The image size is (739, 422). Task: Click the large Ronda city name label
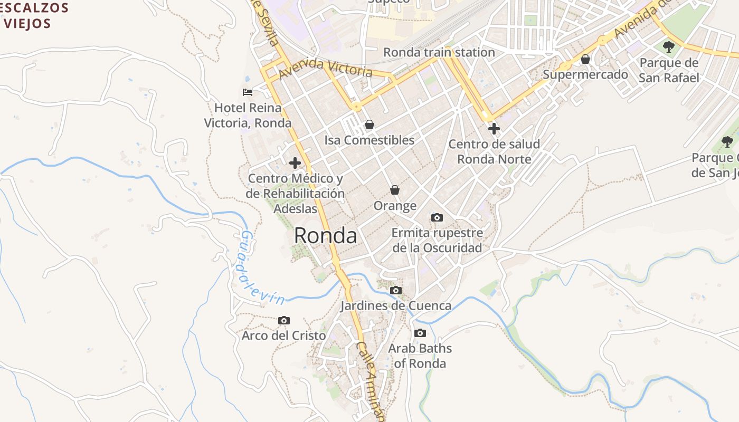[325, 236]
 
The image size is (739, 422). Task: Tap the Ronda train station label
[439, 52]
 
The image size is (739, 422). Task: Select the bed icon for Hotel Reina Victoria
[248, 92]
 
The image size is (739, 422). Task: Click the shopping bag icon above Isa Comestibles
[369, 125]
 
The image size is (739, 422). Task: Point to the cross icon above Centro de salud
[494, 128]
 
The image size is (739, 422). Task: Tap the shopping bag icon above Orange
[395, 190]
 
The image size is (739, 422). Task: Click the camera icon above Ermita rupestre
[437, 217]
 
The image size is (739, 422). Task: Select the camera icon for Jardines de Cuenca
[395, 290]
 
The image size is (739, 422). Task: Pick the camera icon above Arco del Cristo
[284, 320]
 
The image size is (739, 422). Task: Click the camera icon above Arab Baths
[420, 333]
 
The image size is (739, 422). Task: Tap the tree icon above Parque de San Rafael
[669, 47]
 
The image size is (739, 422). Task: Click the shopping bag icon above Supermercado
[585, 59]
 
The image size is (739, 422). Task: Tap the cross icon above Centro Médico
[295, 163]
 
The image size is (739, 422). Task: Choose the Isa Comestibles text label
[369, 140]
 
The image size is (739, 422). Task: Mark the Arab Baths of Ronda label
[420, 356]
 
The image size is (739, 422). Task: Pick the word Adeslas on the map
[296, 208]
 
